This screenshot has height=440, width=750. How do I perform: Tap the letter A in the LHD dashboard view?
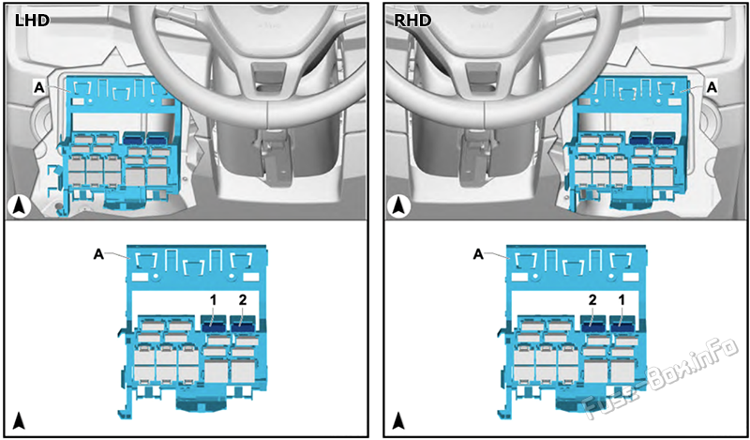(x=38, y=86)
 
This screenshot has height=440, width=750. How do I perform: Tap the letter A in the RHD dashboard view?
(x=711, y=86)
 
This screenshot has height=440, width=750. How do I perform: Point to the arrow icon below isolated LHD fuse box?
(x=20, y=419)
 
